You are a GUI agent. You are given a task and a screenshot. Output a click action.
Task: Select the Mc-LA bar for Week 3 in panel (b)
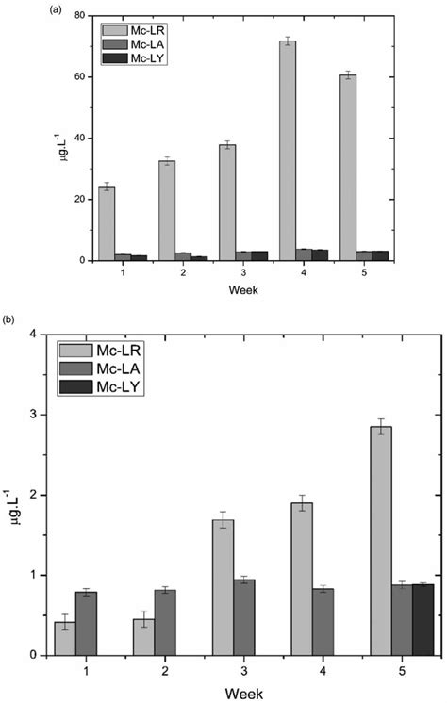tap(244, 617)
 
